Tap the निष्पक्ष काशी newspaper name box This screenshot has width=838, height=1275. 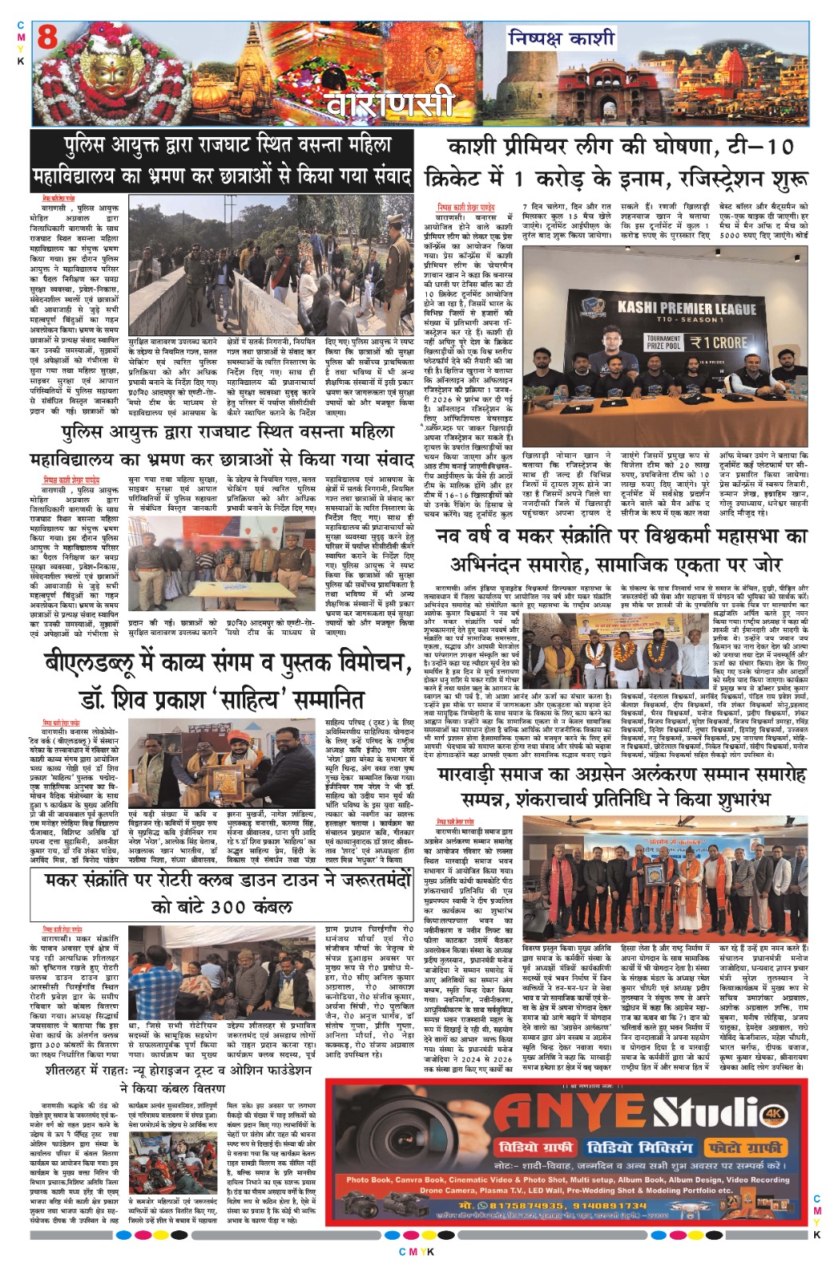562,37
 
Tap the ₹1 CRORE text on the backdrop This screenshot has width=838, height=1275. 719,343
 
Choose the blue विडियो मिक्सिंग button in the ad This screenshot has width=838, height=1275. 640,1147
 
